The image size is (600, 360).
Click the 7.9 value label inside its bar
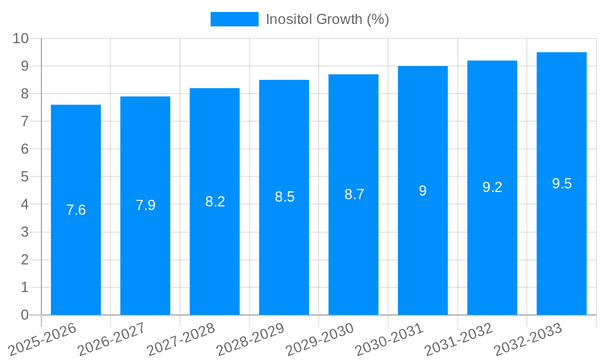145,205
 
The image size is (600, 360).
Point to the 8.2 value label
215,202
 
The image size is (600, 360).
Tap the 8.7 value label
354,194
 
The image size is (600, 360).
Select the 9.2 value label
492,187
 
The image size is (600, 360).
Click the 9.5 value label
562,184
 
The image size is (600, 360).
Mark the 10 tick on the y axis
21,38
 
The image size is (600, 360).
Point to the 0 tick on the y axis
25,315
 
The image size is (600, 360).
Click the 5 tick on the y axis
25,177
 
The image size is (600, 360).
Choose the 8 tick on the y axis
25,94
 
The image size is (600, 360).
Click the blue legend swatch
234,19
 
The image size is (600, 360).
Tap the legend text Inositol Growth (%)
328,19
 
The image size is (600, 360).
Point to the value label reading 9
422,191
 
